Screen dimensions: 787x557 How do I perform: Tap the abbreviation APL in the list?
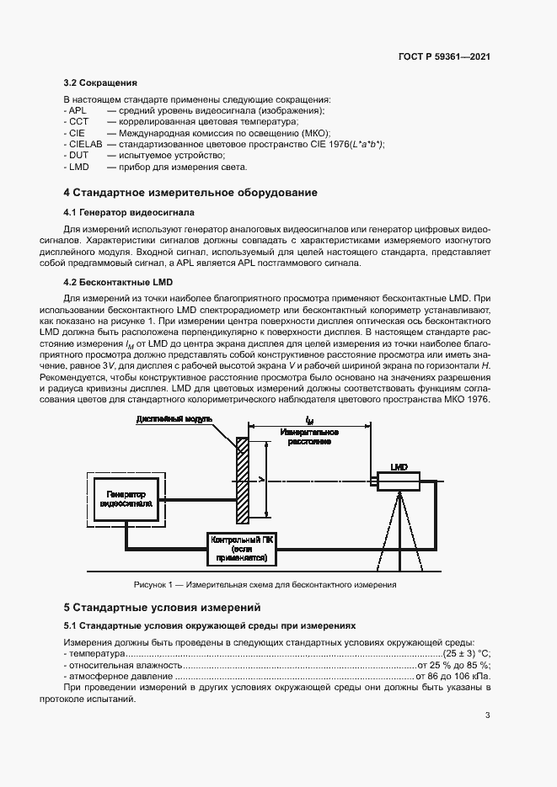78,110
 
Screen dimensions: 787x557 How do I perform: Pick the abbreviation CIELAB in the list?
83,145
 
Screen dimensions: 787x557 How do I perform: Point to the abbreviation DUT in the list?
78,156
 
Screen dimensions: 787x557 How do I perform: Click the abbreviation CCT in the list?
78,122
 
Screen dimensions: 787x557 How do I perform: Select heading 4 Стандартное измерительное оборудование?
190,193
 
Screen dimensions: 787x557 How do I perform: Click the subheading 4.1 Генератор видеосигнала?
129,212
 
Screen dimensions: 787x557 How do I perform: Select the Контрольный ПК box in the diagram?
239,549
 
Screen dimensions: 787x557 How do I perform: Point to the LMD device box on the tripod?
398,481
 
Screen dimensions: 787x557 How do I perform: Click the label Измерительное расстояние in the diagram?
307,435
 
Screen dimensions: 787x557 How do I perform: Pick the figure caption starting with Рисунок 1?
265,585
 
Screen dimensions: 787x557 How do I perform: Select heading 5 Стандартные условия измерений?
163,607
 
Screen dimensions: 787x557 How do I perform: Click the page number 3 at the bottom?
487,715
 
